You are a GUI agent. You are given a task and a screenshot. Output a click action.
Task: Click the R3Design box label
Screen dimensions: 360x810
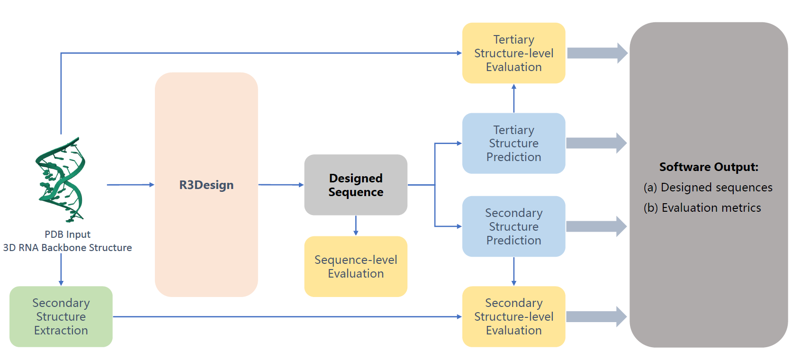206,185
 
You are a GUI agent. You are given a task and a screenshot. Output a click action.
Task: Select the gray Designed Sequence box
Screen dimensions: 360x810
356,185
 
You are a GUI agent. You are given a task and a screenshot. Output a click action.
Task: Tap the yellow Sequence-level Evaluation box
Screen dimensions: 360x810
356,267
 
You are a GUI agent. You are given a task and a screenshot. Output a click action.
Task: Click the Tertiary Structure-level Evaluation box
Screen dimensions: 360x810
513,53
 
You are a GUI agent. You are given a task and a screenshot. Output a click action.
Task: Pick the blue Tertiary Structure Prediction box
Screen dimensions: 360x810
513,143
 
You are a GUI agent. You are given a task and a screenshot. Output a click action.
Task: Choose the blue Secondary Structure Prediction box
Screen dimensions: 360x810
513,226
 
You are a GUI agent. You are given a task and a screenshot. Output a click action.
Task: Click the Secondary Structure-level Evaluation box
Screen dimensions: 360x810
513,316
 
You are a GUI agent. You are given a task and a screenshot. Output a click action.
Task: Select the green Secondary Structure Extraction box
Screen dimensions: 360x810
61,316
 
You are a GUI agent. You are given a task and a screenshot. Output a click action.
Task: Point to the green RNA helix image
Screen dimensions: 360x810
61,180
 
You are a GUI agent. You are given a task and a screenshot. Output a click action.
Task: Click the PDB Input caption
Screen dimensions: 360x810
67,234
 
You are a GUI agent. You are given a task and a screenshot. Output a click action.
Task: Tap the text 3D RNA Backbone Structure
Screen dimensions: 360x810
67,248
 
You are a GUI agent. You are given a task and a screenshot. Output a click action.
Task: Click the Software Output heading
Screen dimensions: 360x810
709,167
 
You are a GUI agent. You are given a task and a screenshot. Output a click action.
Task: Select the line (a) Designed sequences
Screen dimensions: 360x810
708,188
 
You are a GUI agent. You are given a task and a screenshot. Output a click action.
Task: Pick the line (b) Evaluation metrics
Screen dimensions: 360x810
702,208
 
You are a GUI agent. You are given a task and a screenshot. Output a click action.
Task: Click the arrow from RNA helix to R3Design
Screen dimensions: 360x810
130,185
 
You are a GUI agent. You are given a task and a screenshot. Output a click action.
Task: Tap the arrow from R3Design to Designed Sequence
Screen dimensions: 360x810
281,185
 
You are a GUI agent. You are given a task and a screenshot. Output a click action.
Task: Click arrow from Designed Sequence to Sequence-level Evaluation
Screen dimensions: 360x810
356,225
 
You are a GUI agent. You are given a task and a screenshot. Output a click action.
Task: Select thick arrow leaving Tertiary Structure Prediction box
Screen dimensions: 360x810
596,143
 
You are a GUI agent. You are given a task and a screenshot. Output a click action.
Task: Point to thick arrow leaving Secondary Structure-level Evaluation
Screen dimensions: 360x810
596,316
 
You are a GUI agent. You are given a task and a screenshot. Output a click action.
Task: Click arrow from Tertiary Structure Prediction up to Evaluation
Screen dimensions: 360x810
514,98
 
